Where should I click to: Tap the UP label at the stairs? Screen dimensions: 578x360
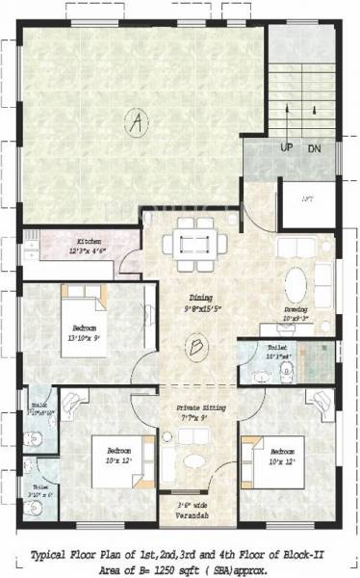tap(287, 147)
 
